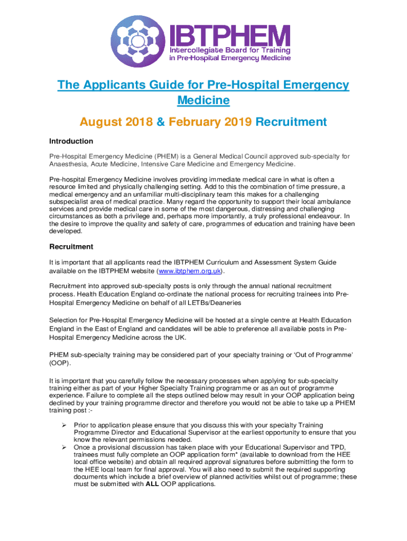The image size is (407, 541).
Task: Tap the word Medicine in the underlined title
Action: click(x=203, y=100)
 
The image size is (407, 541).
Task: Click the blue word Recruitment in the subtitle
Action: click(x=291, y=122)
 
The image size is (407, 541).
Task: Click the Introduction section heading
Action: click(x=71, y=142)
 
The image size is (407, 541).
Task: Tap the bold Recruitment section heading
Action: click(x=71, y=247)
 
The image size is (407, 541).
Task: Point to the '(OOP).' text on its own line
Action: click(x=59, y=364)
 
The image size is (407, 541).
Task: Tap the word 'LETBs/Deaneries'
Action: click(x=215, y=303)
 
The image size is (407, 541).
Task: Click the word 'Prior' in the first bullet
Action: click(x=82, y=425)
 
